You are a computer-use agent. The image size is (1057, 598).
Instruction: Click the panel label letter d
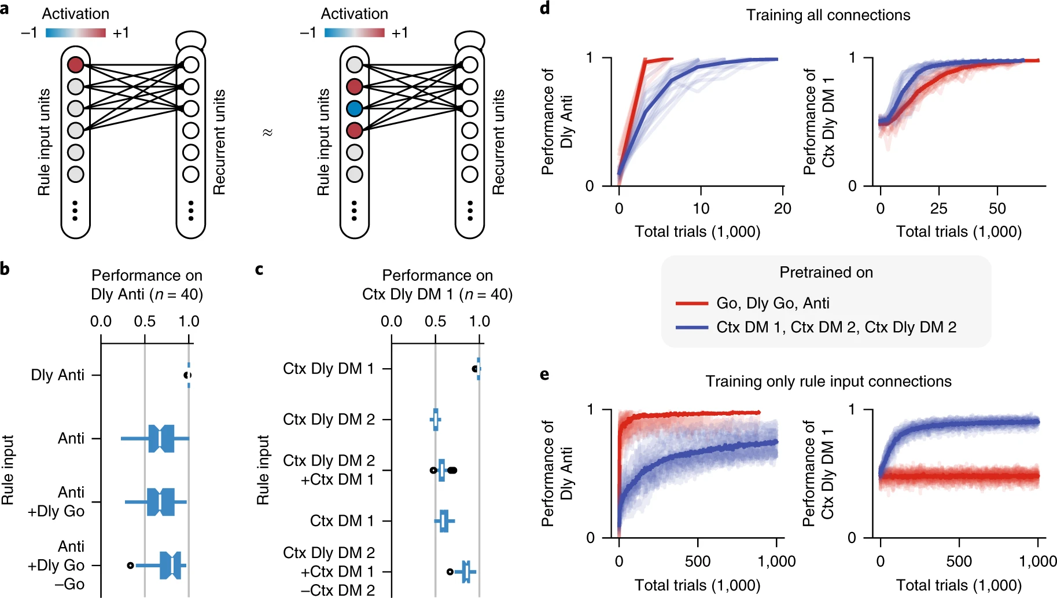[x=544, y=9]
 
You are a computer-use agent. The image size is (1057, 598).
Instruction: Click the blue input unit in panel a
[x=354, y=108]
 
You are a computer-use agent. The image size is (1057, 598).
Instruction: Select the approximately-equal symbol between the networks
[x=267, y=133]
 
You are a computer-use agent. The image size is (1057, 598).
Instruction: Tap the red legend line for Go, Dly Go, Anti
[x=692, y=303]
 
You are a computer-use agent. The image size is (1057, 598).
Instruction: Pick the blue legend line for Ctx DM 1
[x=692, y=328]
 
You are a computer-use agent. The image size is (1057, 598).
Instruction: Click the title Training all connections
[x=827, y=15]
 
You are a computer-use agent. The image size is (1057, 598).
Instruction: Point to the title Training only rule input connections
[x=828, y=381]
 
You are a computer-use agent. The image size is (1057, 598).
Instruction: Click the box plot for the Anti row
[x=161, y=438]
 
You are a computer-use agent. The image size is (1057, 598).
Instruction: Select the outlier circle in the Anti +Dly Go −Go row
[x=131, y=565]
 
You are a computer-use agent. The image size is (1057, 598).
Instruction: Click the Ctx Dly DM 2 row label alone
[x=329, y=419]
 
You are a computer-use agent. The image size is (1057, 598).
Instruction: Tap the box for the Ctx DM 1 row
[x=444, y=521]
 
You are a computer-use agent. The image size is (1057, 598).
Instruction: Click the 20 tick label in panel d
[x=782, y=208]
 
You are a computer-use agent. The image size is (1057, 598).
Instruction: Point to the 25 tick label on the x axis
[x=938, y=208]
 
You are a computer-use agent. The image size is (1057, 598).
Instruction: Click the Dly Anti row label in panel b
[x=57, y=375]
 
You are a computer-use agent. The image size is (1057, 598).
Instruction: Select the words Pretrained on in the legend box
[x=826, y=273]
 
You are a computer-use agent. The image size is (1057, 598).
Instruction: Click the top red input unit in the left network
[x=76, y=64]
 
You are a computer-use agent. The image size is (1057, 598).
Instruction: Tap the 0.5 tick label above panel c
[x=435, y=321]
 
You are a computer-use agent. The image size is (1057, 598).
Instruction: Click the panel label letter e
[x=544, y=375]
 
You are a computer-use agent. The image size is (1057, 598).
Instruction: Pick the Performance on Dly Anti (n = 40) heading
[x=147, y=285]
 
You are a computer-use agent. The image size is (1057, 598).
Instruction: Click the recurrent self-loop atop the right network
[x=469, y=39]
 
